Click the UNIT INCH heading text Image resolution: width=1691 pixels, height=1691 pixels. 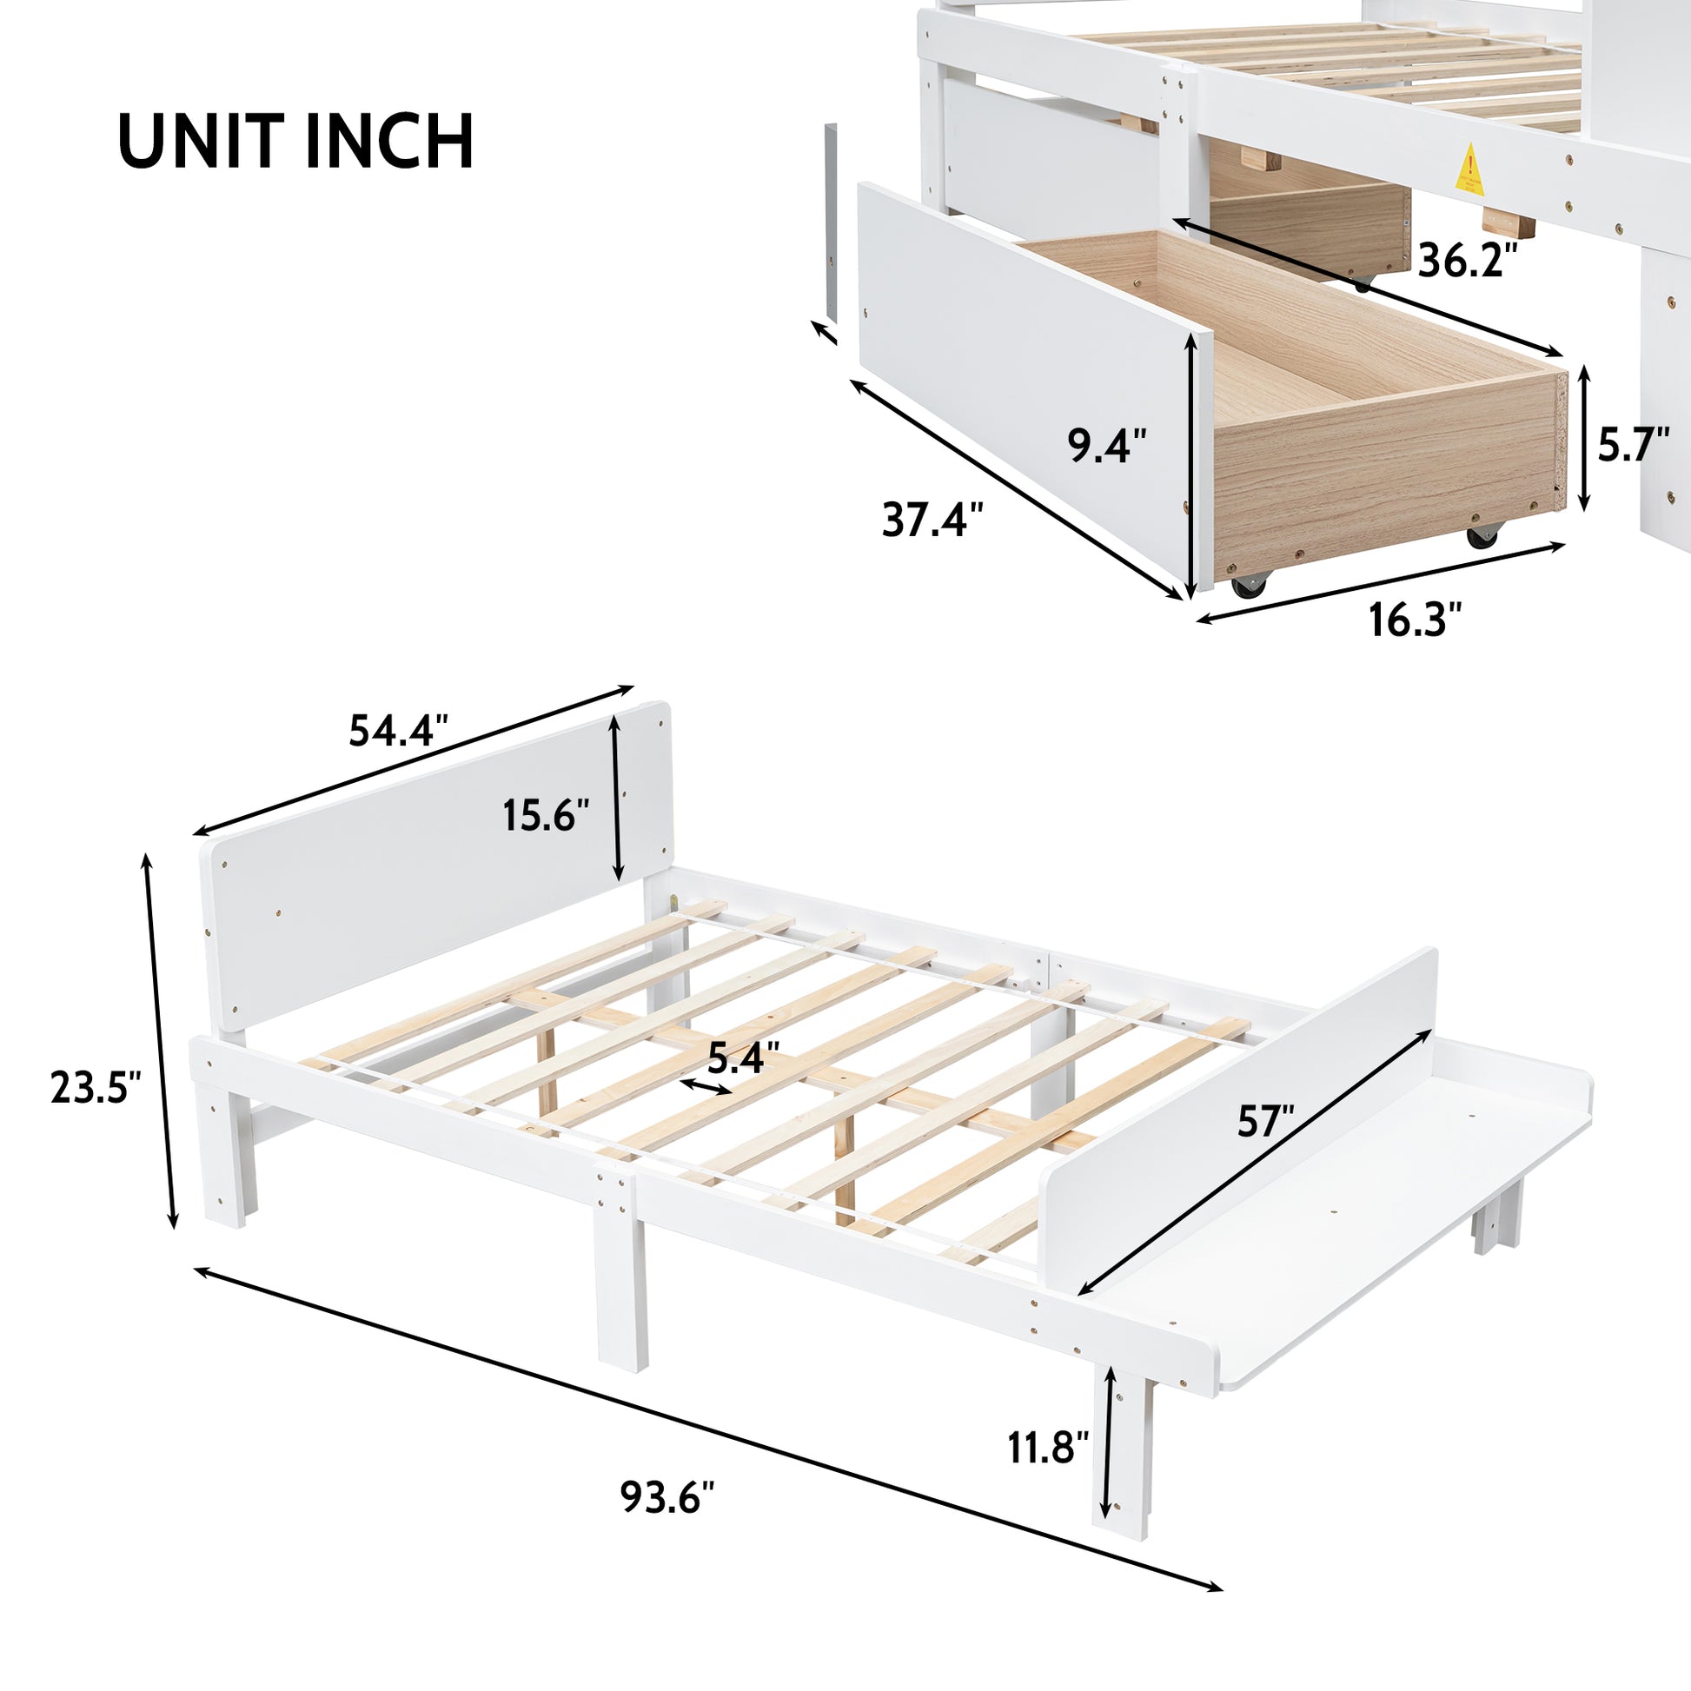click(x=295, y=141)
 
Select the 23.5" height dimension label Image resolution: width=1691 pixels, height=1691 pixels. click(x=96, y=1088)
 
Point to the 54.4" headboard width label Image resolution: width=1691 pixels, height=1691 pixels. click(x=398, y=730)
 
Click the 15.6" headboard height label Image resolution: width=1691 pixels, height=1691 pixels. click(x=547, y=816)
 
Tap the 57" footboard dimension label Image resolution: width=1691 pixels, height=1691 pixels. click(x=1265, y=1122)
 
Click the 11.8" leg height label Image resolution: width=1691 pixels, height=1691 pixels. click(x=1048, y=1449)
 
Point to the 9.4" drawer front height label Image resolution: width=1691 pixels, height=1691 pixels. click(x=1106, y=446)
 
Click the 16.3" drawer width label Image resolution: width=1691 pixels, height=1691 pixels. click(x=1416, y=620)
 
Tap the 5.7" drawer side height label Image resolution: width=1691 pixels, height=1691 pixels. click(x=1635, y=446)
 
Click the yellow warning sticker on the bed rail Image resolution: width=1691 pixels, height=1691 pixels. click(x=1471, y=169)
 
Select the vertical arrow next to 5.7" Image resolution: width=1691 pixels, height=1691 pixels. click(x=1583, y=439)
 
